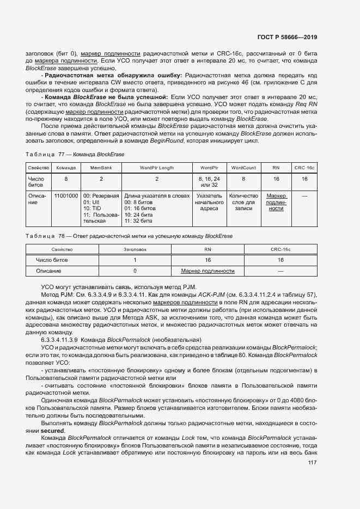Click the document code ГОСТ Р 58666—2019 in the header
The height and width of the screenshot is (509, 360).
(286, 37)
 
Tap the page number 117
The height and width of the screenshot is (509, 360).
(312, 463)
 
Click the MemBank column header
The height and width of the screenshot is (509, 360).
(101, 168)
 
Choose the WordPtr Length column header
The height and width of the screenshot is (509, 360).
(157, 168)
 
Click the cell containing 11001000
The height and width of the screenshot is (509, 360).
(66, 195)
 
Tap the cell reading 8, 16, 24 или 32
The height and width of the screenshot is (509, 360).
(209, 181)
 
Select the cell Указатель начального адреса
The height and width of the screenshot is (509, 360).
(209, 201)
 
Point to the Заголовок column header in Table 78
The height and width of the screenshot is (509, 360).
(135, 249)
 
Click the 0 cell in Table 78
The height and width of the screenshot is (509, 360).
(135, 271)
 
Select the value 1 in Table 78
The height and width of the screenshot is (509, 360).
(135, 260)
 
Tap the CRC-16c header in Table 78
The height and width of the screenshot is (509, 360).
(280, 249)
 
